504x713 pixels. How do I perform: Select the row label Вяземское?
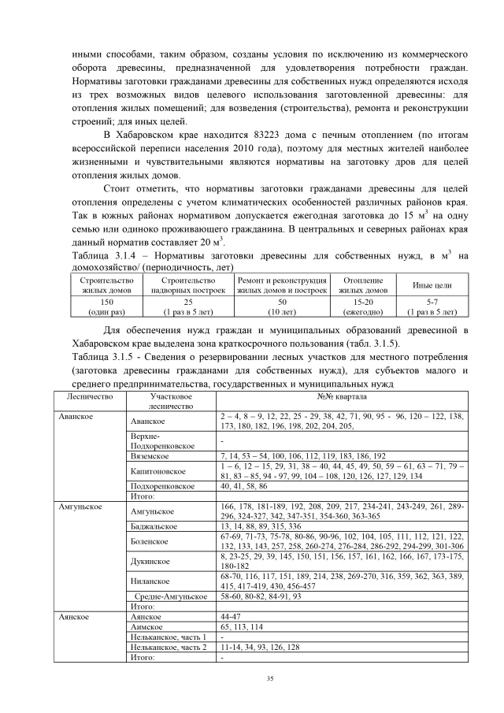153,455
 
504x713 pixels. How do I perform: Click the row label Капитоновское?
160,471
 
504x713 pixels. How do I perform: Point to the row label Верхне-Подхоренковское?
157,440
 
